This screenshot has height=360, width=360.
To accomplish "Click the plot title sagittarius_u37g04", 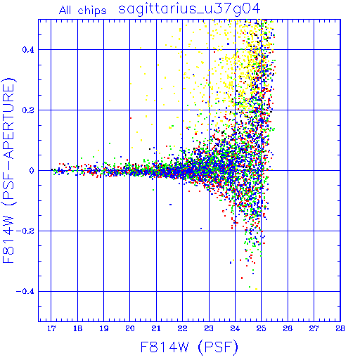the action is (189, 9).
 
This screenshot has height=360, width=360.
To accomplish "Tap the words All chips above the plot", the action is (83, 11).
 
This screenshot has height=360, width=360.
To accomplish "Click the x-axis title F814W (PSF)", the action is (189, 347).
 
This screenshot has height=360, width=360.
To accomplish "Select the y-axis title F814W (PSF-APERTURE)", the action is (9, 171).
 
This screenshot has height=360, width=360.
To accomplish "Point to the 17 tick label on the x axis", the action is (51, 328).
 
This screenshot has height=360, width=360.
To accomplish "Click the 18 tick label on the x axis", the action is (77, 328).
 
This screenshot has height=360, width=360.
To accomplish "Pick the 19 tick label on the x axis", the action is (104, 328).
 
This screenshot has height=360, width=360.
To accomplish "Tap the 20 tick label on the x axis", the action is (130, 328).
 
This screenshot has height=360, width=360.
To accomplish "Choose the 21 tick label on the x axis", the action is (156, 328).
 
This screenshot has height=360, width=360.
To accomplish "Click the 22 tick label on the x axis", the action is (182, 328).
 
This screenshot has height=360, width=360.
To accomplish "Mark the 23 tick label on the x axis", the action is (209, 328).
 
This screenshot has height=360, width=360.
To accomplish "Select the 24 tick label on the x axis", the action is (235, 328).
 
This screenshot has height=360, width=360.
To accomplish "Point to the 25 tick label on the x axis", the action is (261, 328).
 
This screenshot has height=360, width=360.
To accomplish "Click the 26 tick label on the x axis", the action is (288, 328).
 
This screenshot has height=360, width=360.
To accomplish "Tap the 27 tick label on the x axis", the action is (314, 328).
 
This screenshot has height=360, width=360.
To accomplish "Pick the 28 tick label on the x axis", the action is (340, 328).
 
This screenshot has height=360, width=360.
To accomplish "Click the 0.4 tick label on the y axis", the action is (28, 50).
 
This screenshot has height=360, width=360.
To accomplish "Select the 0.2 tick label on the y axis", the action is (28, 110).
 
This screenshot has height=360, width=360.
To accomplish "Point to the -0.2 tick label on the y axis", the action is (25, 231).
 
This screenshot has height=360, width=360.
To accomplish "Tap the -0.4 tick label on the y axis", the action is (25, 292).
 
